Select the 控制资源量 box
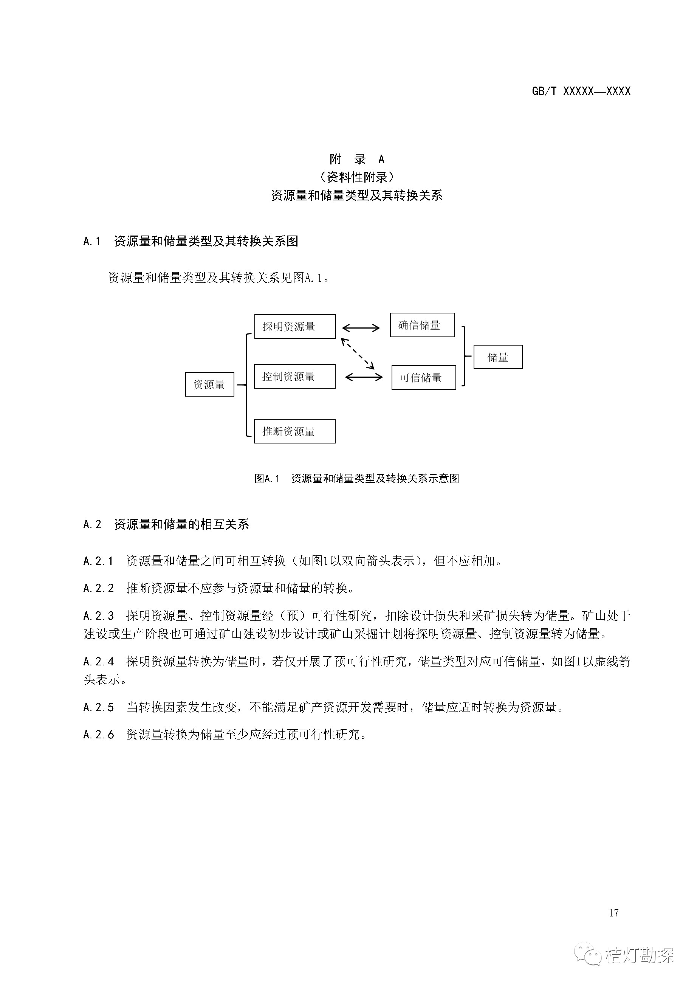click(x=294, y=377)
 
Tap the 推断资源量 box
click(x=294, y=431)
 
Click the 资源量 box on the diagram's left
click(x=209, y=384)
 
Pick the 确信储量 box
click(x=422, y=325)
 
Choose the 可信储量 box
click(x=423, y=377)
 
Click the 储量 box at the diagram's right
click(x=498, y=357)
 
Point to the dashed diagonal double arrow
click(x=358, y=354)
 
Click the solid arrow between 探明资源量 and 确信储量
click(x=361, y=329)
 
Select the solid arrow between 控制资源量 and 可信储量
click(x=363, y=377)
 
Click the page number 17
click(x=613, y=913)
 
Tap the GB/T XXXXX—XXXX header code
click(x=581, y=91)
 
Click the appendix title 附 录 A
click(x=357, y=159)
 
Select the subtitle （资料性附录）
click(x=357, y=177)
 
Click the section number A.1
click(x=91, y=241)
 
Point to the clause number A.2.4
click(x=98, y=662)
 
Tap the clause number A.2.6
click(x=98, y=735)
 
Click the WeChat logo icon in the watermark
click(x=588, y=954)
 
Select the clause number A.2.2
click(x=98, y=588)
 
